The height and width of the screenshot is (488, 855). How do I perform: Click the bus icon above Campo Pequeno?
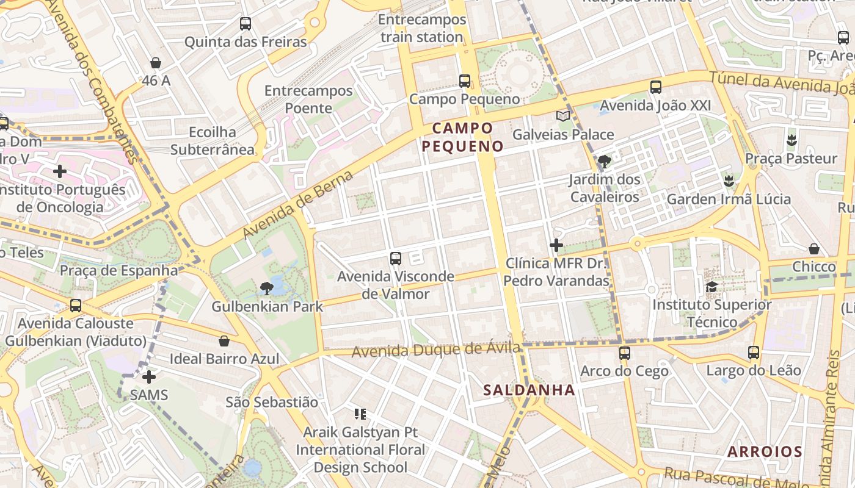464,81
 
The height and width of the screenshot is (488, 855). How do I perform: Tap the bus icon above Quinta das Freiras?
245,24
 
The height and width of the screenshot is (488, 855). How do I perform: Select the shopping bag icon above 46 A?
156,63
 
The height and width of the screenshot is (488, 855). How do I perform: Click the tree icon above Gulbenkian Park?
267,288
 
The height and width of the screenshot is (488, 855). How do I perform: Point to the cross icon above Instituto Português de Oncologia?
59,171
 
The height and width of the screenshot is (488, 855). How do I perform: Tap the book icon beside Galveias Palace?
562,116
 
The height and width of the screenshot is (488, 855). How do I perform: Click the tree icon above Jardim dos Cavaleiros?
605,162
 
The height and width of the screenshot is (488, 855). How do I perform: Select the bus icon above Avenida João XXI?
655,87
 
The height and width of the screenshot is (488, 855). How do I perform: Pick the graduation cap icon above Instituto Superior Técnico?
711,287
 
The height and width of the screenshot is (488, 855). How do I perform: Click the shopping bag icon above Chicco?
814,249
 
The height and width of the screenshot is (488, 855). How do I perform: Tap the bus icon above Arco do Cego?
624,353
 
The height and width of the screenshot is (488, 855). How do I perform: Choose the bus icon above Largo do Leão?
753,352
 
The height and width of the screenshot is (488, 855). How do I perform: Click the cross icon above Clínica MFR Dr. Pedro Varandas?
556,245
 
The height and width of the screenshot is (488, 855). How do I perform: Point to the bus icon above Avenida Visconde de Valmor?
396,259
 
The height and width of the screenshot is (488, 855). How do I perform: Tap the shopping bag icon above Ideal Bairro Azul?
224,341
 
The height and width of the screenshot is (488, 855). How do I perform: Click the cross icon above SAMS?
148,377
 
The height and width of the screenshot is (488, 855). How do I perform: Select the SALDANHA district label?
529,390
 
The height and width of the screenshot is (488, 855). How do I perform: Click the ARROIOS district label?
765,452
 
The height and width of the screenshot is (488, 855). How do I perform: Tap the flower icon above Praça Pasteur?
792,140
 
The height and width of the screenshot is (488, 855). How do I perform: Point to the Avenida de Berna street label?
298,205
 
